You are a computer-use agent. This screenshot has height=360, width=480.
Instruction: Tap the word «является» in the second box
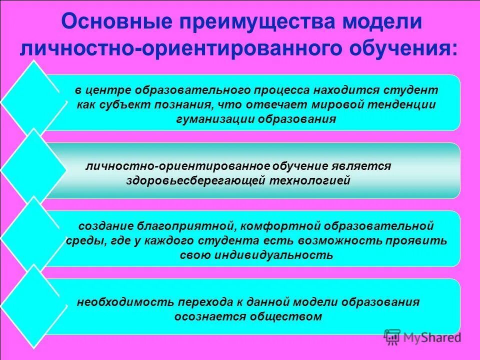tap(365, 166)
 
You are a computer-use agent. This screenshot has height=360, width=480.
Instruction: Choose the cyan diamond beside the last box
tap(33, 306)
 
